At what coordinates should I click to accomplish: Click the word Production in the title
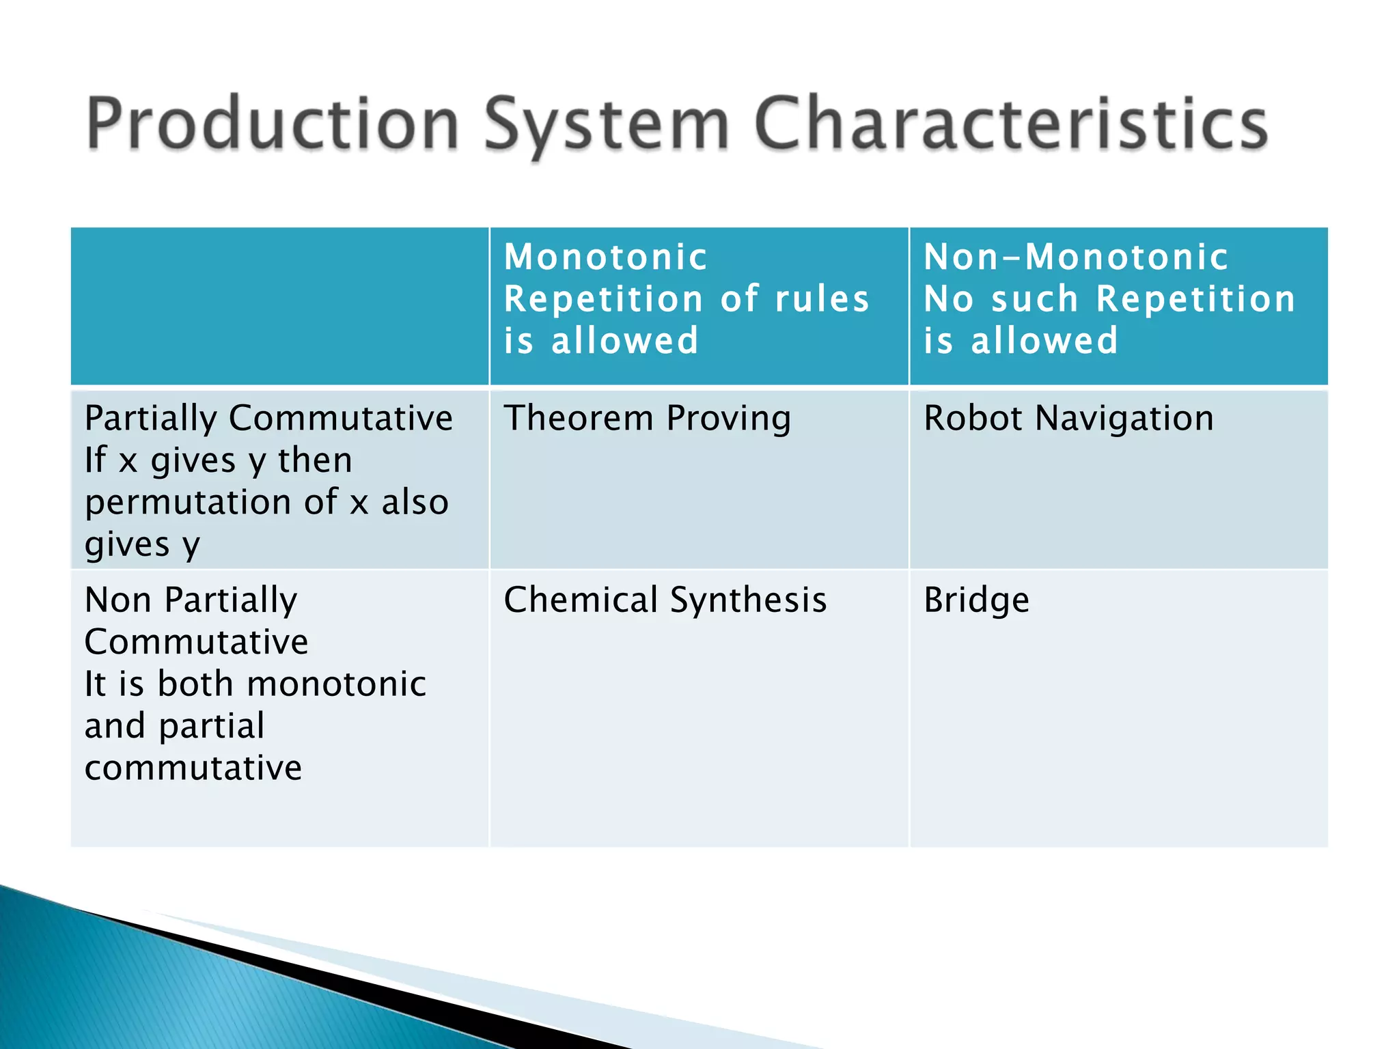[x=273, y=124]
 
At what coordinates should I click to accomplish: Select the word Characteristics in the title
[x=1010, y=124]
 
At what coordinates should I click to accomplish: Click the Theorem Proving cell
[x=647, y=418]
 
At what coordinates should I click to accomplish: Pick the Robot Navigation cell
[x=1068, y=418]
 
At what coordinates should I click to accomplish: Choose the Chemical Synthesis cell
[x=665, y=600]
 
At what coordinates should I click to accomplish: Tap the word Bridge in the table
[x=976, y=600]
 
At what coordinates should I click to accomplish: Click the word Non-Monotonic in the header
[x=1076, y=257]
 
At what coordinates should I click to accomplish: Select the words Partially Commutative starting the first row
[x=268, y=418]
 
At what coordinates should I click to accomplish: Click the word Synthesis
[x=748, y=600]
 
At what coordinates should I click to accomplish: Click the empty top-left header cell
[x=279, y=306]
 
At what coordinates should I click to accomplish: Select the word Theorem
[x=579, y=418]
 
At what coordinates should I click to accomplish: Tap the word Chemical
[x=581, y=600]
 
